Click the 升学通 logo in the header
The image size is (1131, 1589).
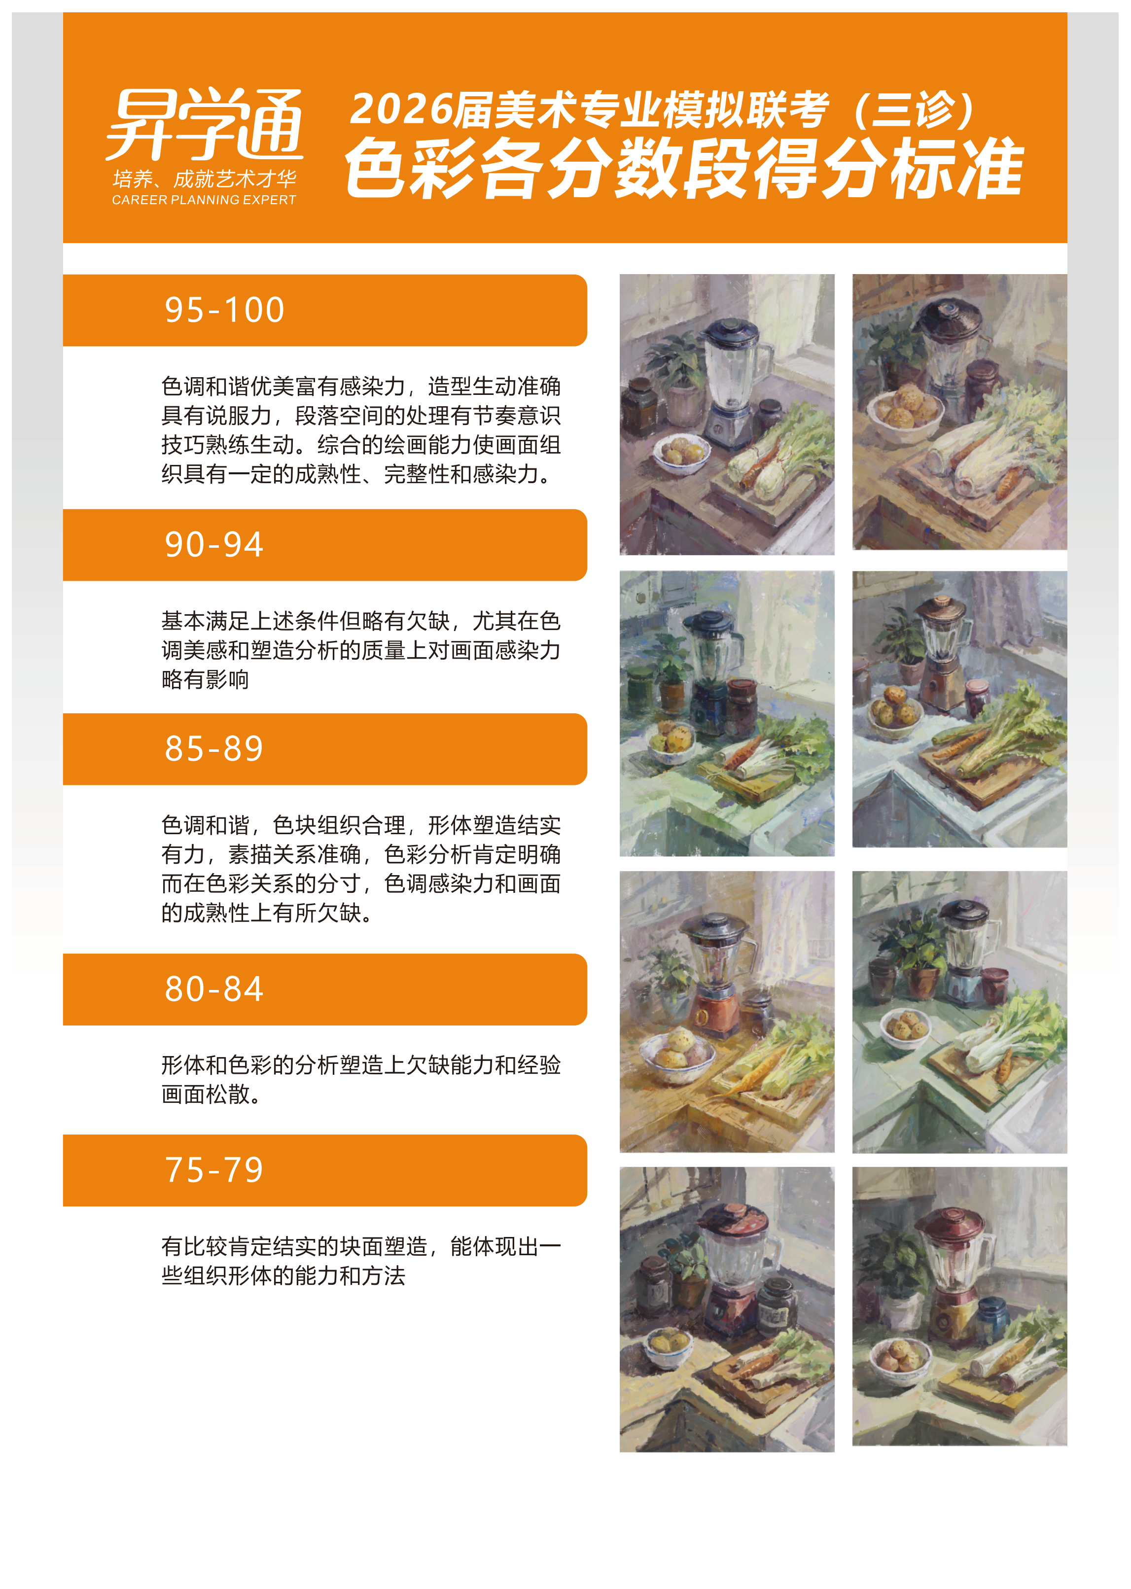tap(205, 125)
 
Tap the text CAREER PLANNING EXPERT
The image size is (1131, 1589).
tap(204, 200)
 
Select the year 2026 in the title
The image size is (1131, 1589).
tap(400, 109)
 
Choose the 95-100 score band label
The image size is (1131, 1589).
tap(224, 310)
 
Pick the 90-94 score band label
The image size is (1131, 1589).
tap(214, 544)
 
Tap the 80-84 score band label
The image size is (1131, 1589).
tap(214, 989)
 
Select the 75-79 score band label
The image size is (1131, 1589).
tap(214, 1170)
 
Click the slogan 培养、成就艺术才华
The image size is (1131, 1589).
tap(204, 179)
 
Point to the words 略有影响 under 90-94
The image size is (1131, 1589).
tap(206, 679)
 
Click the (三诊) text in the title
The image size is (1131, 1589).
tap(914, 109)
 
